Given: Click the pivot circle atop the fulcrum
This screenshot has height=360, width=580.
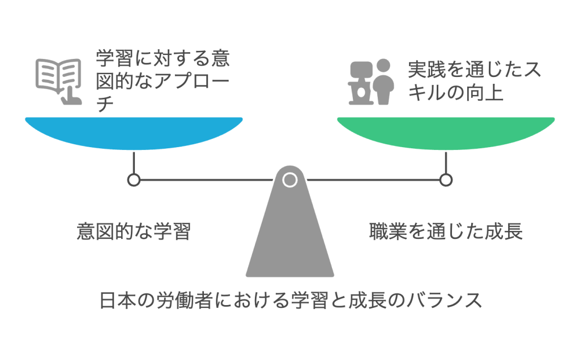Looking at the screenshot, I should coord(289,180).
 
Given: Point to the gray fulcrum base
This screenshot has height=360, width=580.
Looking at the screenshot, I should coord(289,238).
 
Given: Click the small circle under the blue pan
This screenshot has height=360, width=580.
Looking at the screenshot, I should coord(134,180).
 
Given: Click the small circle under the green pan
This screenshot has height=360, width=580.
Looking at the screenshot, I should coord(446,180).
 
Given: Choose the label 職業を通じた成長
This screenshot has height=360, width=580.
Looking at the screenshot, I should coord(445,232).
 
